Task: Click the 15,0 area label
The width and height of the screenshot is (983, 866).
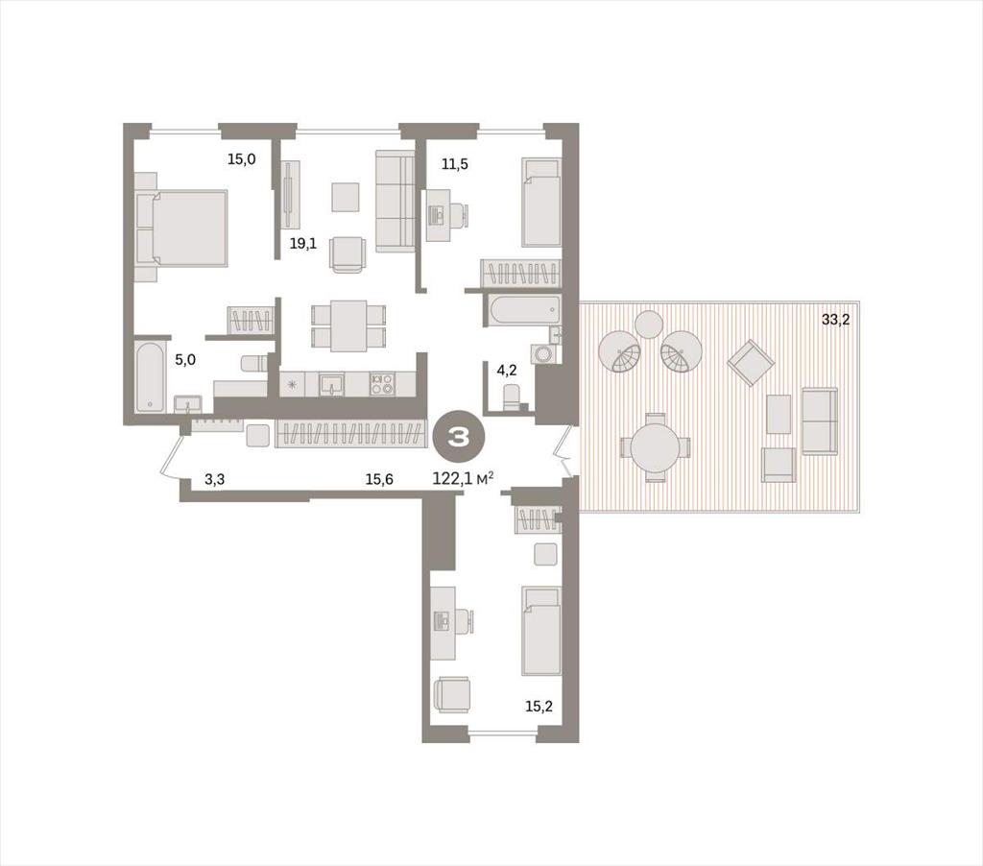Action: point(241,159)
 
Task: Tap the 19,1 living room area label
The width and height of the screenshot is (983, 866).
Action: point(302,244)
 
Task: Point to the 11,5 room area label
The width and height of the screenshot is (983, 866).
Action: point(454,165)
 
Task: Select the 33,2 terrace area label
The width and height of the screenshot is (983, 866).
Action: point(836,320)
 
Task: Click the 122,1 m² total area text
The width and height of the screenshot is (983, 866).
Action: point(463,479)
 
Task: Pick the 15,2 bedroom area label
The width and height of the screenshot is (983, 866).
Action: point(539,707)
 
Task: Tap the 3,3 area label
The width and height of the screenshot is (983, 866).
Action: point(215,480)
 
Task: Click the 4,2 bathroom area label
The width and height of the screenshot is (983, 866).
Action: point(507,370)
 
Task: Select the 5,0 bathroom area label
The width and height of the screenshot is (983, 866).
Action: point(185,360)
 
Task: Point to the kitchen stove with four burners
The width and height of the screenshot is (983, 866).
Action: point(381,383)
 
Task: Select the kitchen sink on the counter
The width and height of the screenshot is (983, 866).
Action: point(331,384)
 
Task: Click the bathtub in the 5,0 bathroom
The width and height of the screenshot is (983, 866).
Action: point(150,376)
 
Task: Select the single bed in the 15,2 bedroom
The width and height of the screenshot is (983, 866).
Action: point(541,632)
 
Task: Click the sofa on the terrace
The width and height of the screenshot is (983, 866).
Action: point(820,421)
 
